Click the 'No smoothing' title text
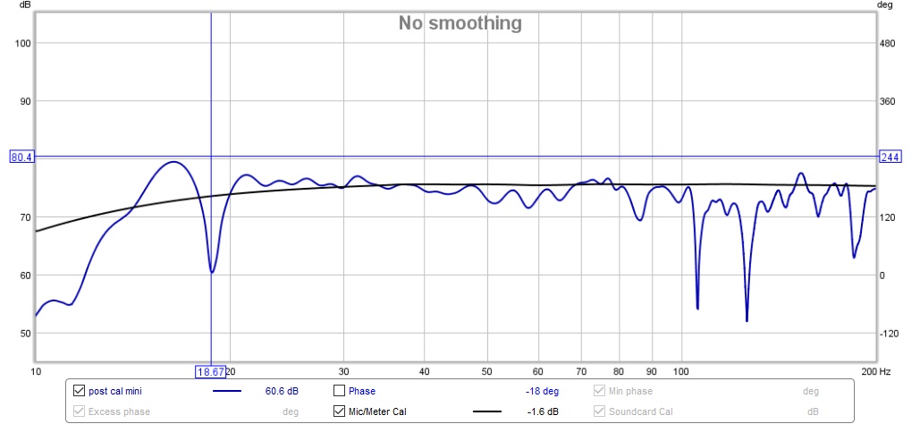click(x=460, y=23)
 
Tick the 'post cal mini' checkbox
click(x=79, y=390)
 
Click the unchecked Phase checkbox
click(x=340, y=390)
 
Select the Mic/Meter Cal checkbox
click(x=340, y=411)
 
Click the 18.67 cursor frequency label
click(x=211, y=370)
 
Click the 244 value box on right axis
click(x=890, y=157)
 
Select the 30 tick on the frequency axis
click(x=343, y=370)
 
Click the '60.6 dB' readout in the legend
click(x=281, y=391)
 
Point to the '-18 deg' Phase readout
click(x=543, y=391)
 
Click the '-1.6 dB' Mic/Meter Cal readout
click(x=543, y=411)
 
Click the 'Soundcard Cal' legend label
click(x=640, y=411)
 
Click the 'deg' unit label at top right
click(x=885, y=5)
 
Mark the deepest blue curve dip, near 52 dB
click(x=747, y=320)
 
